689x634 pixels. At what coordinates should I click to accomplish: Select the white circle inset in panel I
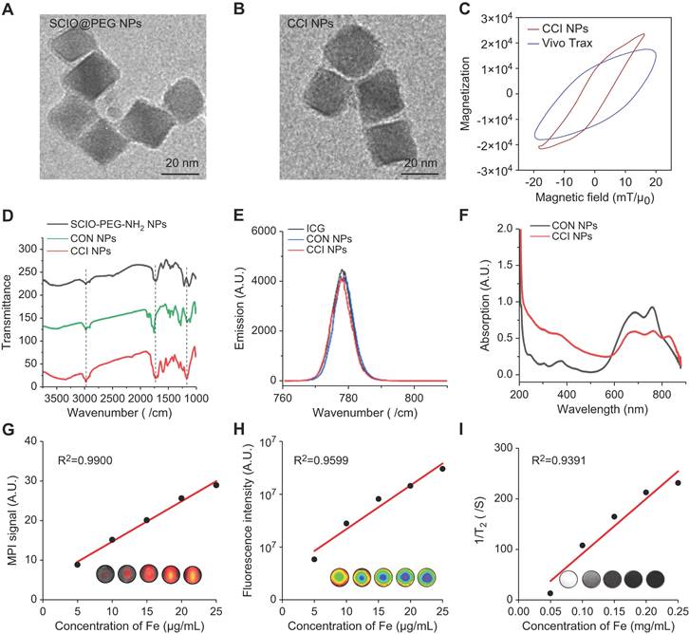click(x=569, y=577)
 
